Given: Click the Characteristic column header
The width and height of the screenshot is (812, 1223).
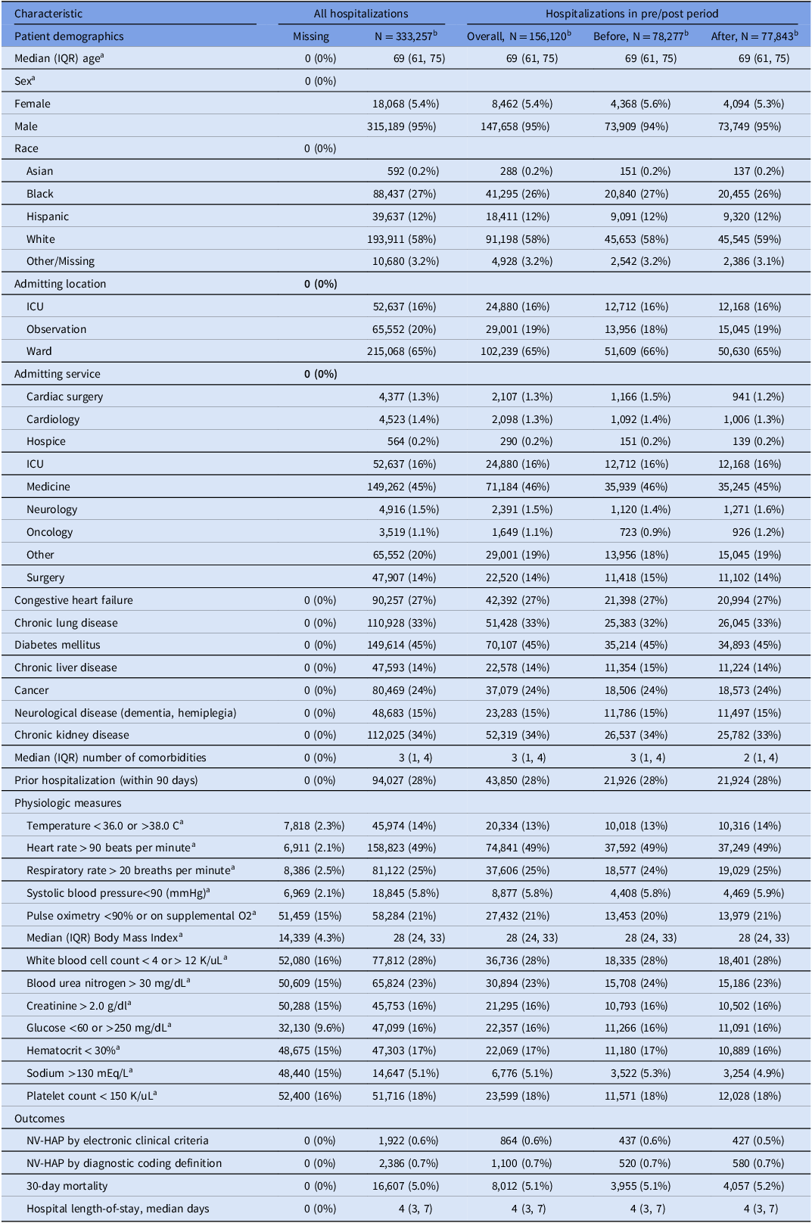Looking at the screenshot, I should [x=48, y=14].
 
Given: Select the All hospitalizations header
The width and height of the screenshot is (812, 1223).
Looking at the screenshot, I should [x=361, y=14].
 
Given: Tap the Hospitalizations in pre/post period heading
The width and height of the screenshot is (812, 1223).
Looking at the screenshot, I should [x=632, y=14].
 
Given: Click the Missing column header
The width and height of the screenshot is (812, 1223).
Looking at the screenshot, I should [x=311, y=36].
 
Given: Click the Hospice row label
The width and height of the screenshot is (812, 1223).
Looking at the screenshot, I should [x=46, y=441].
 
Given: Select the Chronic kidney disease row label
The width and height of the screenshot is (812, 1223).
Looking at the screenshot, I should [x=72, y=735].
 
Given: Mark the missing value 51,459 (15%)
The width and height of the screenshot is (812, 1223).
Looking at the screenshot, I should [x=313, y=916].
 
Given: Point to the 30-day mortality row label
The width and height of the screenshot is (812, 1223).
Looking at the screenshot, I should [x=67, y=1186].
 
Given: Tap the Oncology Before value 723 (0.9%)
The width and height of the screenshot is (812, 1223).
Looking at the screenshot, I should [x=640, y=532].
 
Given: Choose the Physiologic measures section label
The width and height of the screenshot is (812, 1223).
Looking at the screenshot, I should [x=68, y=803].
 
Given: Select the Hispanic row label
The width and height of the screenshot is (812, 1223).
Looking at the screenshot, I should [x=48, y=216].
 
